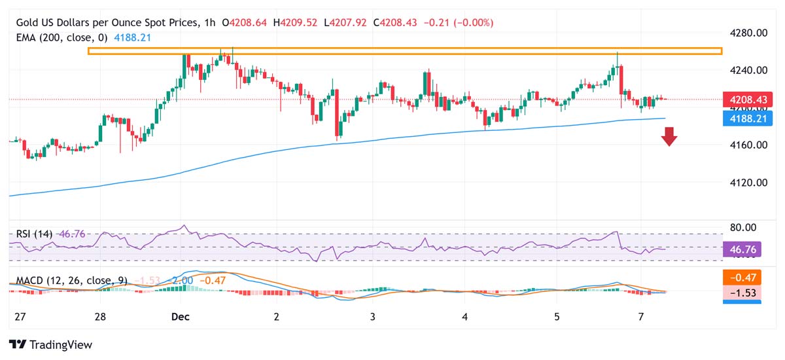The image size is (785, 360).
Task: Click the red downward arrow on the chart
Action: (669, 136)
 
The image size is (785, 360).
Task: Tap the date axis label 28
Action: (100, 317)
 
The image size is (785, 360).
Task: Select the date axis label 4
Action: (465, 317)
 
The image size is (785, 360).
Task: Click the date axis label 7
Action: (641, 317)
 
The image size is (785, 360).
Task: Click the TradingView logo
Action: (51, 344)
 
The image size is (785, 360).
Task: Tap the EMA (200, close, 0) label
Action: (62, 37)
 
